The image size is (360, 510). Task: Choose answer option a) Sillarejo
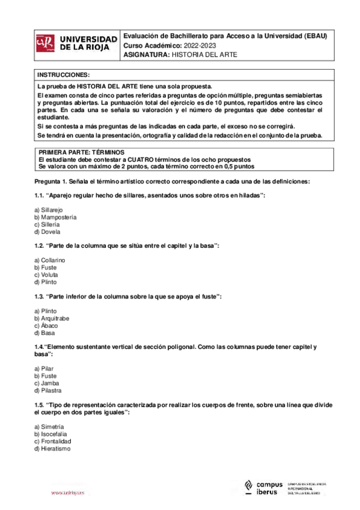(x=49, y=209)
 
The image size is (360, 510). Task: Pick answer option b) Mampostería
(x=55, y=217)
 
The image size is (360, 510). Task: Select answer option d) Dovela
(x=47, y=232)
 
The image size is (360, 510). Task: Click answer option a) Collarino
(x=50, y=259)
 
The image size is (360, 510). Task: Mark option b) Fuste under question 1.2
(x=46, y=267)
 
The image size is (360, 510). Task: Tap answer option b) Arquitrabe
(x=53, y=318)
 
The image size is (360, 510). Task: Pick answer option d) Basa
(x=45, y=333)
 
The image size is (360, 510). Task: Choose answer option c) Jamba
(x=47, y=383)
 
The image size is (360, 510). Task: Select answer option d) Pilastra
(x=49, y=390)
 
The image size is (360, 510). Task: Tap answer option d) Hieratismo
(x=52, y=448)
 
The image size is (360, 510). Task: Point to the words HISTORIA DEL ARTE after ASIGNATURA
(x=204, y=55)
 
